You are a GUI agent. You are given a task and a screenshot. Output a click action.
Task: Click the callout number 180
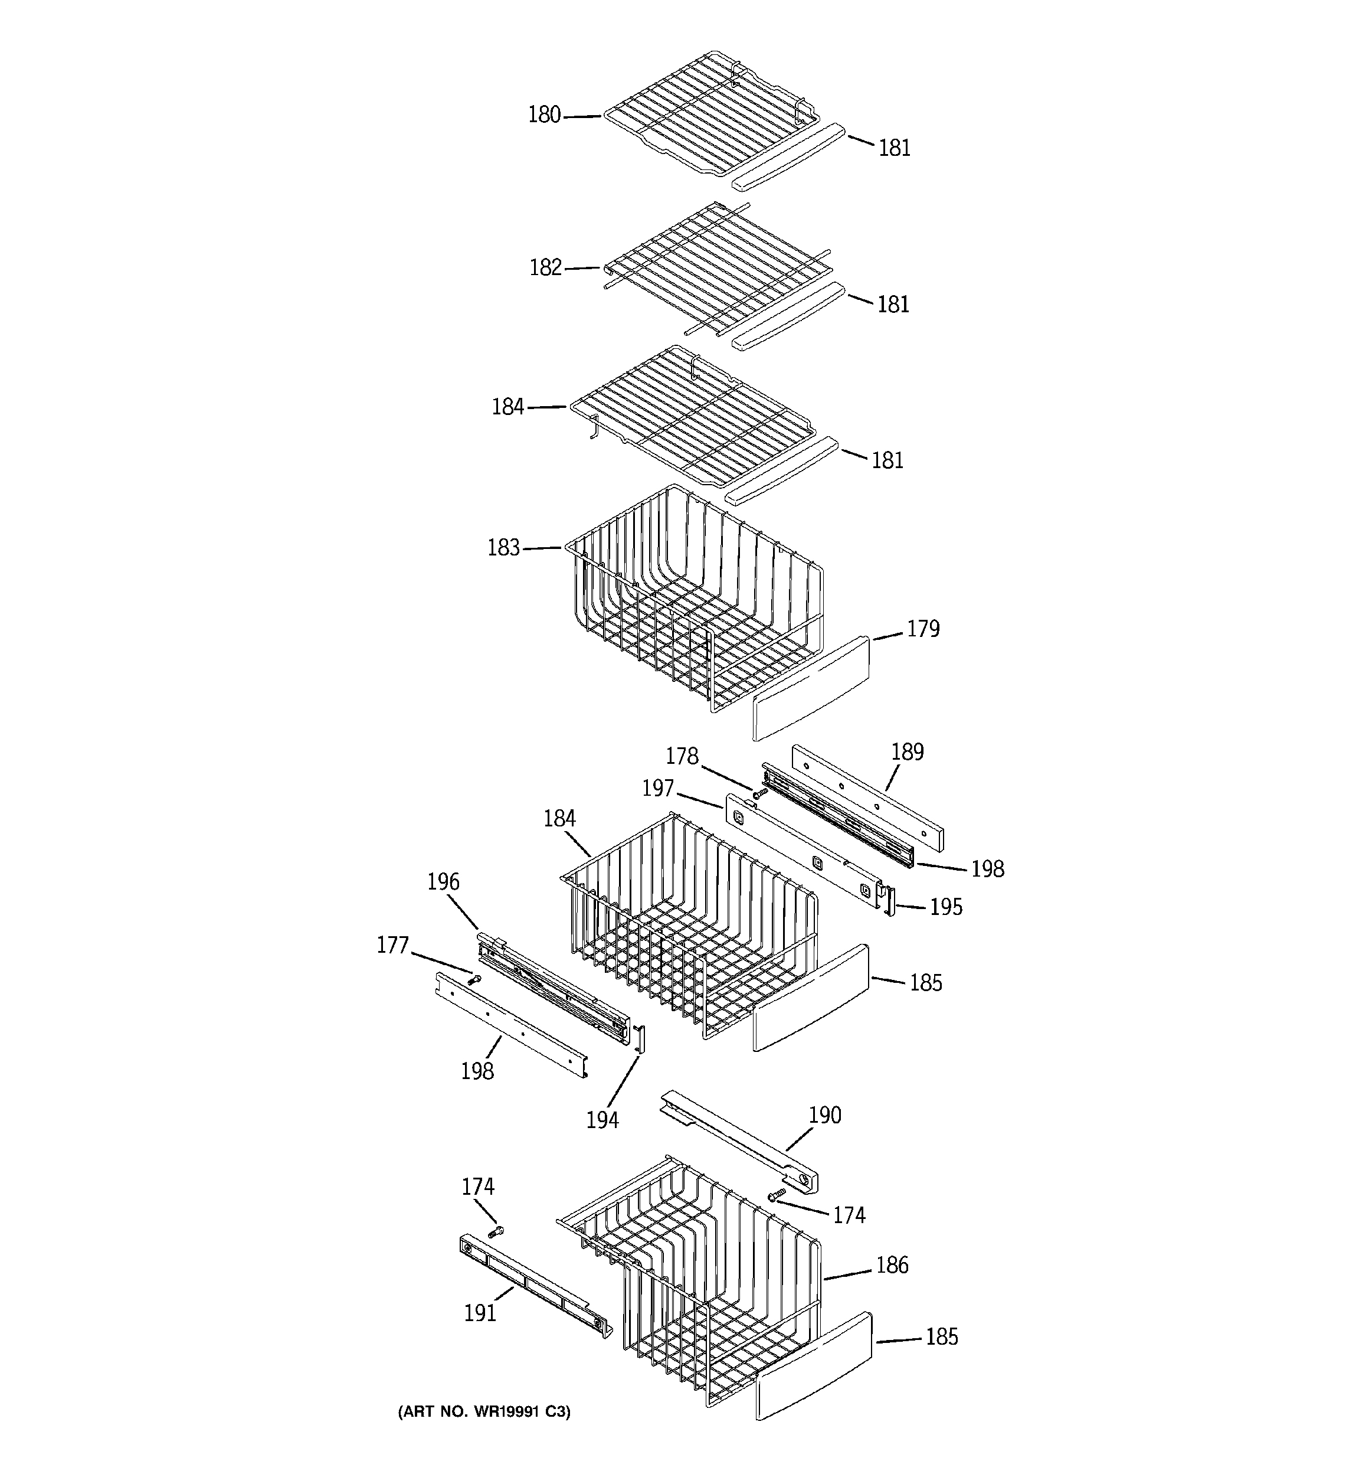pos(545,115)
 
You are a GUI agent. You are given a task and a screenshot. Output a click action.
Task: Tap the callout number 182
pos(545,267)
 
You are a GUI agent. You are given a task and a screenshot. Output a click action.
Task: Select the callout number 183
pos(504,548)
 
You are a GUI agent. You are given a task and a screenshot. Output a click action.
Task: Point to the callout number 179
pos(923,629)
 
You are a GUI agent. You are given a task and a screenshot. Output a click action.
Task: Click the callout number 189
pos(908,752)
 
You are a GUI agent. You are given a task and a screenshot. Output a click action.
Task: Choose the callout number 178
pos(682,756)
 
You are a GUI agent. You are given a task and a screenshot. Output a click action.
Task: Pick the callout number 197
pos(658,789)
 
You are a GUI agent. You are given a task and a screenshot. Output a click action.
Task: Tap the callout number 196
pos(443,882)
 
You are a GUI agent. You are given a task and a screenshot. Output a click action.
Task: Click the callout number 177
pos(392,945)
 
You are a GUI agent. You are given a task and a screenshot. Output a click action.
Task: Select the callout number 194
pos(602,1120)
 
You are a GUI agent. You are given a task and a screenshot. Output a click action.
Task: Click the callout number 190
pos(824,1115)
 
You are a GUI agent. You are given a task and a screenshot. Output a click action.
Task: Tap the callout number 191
pos(480,1313)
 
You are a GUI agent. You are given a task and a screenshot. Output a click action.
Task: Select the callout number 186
pos(892,1265)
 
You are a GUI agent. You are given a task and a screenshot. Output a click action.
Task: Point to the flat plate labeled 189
pos(867,798)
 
